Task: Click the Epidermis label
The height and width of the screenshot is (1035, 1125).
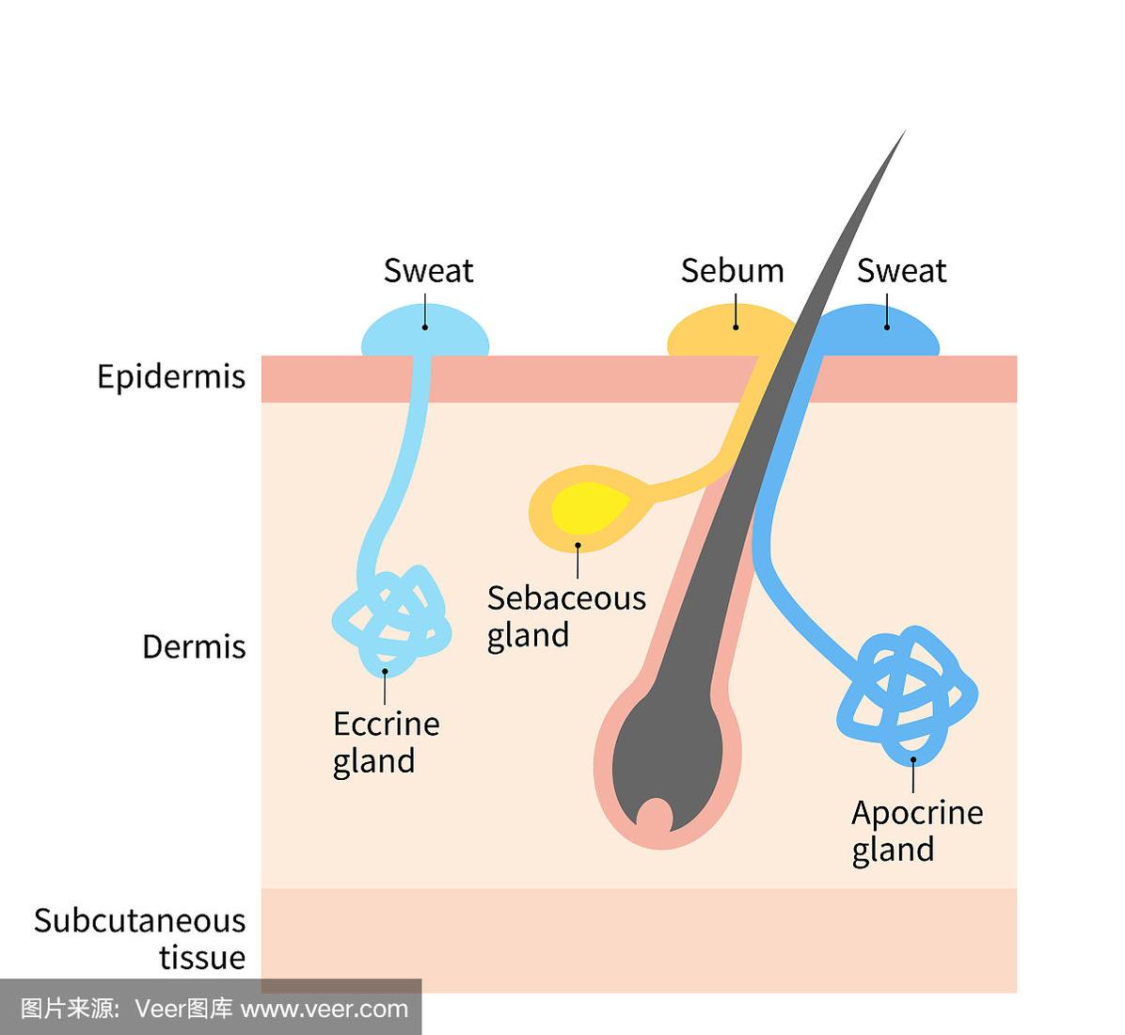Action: coord(171,377)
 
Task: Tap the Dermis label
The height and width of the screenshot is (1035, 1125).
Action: coord(194,647)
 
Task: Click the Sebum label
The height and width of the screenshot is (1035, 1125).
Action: coord(732,271)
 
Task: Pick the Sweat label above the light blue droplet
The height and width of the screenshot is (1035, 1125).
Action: coord(428,271)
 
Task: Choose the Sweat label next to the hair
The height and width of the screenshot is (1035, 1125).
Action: coord(901,271)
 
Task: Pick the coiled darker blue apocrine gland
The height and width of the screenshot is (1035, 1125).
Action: coord(906,694)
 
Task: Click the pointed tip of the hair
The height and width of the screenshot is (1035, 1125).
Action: coord(901,135)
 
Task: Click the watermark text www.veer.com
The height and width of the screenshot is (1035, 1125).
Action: coord(325,1010)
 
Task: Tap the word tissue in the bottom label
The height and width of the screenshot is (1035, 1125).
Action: coord(201,958)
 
